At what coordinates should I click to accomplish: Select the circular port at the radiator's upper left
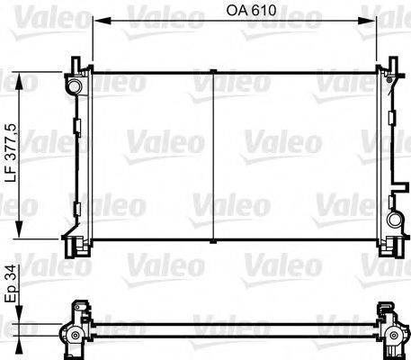[73, 85]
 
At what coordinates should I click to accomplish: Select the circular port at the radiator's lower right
[393, 221]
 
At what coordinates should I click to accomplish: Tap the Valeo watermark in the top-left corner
[27, 11]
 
